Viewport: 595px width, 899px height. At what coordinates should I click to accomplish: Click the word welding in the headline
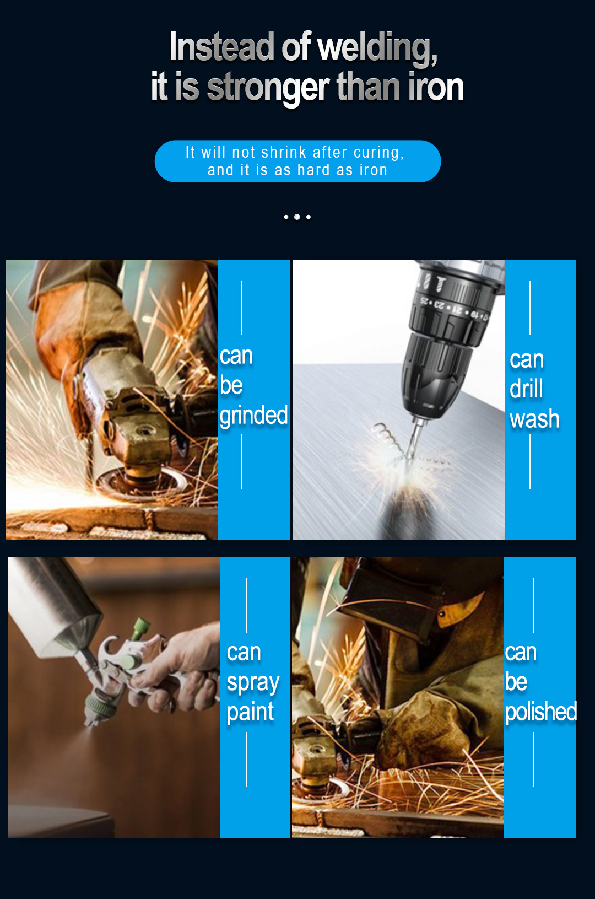[x=377, y=49]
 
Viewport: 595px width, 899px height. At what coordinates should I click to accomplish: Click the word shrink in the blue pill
[x=284, y=153]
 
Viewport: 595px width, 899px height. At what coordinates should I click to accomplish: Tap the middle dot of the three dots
[x=297, y=217]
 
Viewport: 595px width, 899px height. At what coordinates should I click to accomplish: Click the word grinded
[x=253, y=415]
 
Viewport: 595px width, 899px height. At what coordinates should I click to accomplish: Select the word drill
[x=526, y=389]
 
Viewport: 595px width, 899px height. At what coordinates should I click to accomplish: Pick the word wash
[x=534, y=419]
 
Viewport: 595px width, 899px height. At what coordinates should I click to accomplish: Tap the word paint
[x=250, y=712]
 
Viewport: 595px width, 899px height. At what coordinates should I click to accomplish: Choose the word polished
[x=540, y=712]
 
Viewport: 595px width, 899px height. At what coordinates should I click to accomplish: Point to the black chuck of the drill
[x=438, y=375]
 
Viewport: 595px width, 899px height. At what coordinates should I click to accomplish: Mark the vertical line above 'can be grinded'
[x=242, y=308]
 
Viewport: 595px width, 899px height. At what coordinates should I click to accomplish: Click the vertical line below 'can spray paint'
[x=247, y=759]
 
